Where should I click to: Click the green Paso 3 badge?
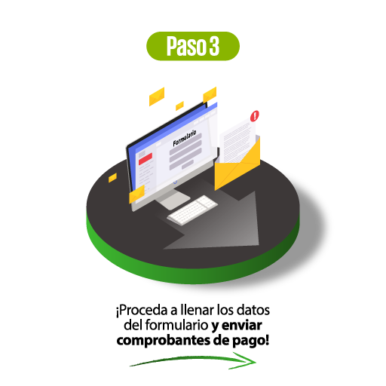pos(193,46)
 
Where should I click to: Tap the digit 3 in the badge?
pos(214,46)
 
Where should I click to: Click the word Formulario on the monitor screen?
pos(185,138)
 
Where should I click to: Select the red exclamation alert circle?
pos(255,116)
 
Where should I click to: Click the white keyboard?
pos(192,210)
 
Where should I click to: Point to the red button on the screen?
pos(146,159)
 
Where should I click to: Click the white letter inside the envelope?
pos(237,141)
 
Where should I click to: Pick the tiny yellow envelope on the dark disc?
pos(112,178)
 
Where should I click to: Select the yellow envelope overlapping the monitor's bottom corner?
pos(136,194)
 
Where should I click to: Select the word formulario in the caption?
pos(176,325)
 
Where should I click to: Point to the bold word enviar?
pos(242,325)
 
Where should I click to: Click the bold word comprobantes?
pos(164,341)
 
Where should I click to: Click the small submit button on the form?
pos(188,165)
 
